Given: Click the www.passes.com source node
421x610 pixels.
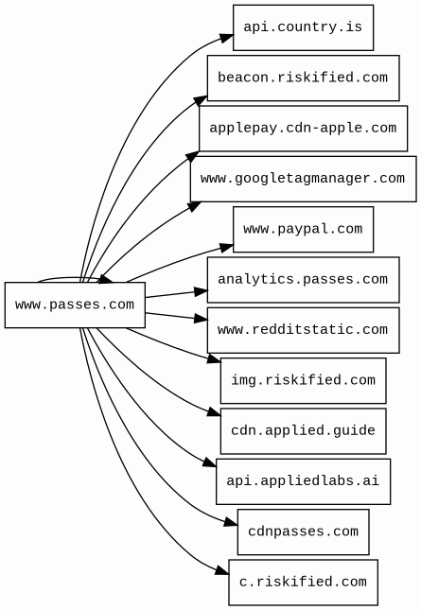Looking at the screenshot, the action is (75, 305).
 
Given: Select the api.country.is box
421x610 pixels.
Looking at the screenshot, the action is (303, 27).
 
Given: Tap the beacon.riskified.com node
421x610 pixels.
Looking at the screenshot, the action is (303, 78).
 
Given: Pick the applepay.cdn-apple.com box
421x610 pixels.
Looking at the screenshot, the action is (303, 129).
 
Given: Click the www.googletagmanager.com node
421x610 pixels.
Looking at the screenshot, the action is (303, 179).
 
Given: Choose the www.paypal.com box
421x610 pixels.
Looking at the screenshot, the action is (303, 230).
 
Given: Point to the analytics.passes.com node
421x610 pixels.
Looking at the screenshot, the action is (303, 280).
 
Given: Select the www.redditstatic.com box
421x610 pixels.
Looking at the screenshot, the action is (303, 330).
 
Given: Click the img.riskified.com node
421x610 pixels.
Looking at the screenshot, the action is (303, 380).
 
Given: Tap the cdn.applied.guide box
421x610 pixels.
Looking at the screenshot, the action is (303, 431).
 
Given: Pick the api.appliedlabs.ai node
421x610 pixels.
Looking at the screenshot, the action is (303, 481).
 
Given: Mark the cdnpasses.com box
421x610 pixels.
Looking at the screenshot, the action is (303, 532).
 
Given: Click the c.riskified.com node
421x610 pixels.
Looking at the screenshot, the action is (303, 583).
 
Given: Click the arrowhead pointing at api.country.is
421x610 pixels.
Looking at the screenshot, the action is (227, 38).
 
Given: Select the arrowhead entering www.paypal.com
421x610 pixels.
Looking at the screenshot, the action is (227, 248).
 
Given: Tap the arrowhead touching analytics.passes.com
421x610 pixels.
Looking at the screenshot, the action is (201, 291).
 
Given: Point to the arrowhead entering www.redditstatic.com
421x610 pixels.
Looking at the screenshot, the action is (201, 319).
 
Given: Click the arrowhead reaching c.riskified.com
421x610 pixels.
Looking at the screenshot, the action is (222, 570).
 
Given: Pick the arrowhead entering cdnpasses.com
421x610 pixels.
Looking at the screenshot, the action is (231, 522).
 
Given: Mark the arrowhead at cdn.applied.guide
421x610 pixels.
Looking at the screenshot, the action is (215, 412).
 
